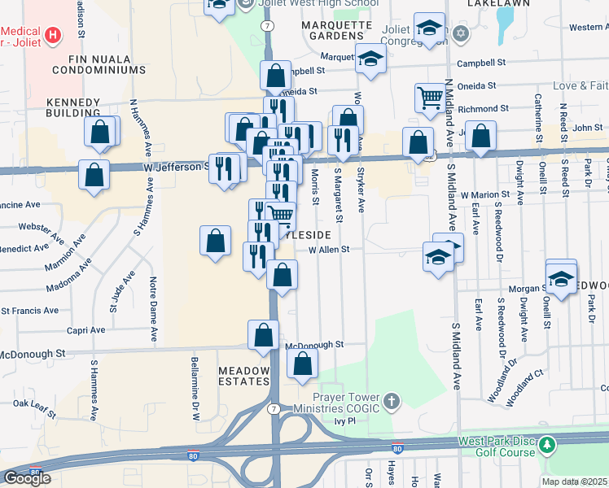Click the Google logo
pyautogui.click(x=27, y=478)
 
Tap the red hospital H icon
pyautogui.click(x=54, y=34)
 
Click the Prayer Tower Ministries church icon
pyautogui.click(x=392, y=401)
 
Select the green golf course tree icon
pyautogui.click(x=548, y=445)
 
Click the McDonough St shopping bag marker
pyautogui.click(x=264, y=335)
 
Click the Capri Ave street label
pyautogui.click(x=87, y=330)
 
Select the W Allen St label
pyautogui.click(x=328, y=250)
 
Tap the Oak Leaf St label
pyautogui.click(x=33, y=403)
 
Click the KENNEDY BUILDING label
pyautogui.click(x=73, y=107)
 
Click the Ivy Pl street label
pyautogui.click(x=345, y=421)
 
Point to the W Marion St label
pyautogui.click(x=484, y=195)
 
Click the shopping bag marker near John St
pyautogui.click(x=481, y=137)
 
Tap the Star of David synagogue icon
pyautogui.click(x=461, y=33)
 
